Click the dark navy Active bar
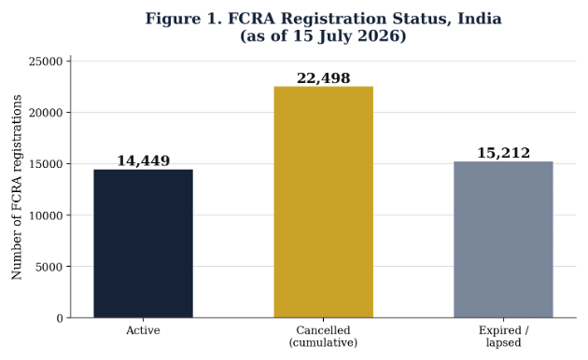coord(143,243)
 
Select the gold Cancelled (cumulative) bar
coord(324,202)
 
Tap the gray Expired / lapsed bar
coord(503,240)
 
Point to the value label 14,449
coord(143,160)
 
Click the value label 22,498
coord(324,78)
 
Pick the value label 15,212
coord(503,153)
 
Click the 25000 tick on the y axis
coord(46,62)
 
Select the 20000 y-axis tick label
coord(46,113)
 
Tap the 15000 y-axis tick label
coord(46,164)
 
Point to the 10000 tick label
coord(46,215)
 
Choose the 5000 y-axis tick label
coord(49,267)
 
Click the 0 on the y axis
coord(60,318)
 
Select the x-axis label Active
coord(143,330)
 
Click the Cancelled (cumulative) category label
coord(323,337)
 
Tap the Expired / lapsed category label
coord(504,337)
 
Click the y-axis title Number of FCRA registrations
coord(17,187)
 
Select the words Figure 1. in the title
coord(183,19)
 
